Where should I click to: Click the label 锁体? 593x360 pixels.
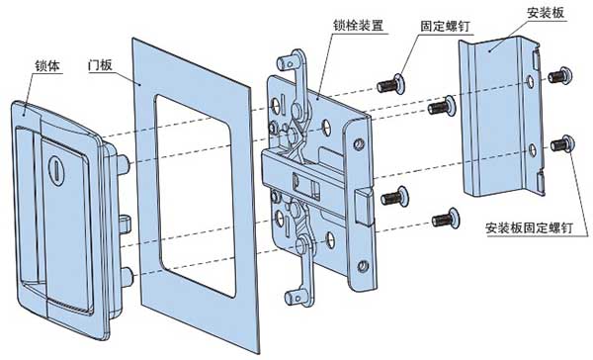[47, 65]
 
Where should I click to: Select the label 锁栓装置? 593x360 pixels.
[358, 25]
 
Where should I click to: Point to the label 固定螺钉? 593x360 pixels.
[445, 26]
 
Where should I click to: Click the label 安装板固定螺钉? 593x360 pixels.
[529, 228]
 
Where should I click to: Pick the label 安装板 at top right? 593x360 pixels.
[546, 13]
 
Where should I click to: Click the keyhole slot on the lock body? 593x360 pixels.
[56, 171]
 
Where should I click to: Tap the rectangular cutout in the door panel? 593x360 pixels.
[196, 196]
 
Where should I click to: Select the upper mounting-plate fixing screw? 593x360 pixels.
[560, 76]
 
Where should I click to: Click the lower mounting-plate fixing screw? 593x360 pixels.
[562, 144]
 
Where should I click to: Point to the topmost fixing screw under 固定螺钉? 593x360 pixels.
[391, 84]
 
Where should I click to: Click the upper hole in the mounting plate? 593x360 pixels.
[530, 81]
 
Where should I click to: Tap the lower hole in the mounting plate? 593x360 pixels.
[533, 150]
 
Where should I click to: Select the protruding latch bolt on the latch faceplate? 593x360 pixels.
[364, 206]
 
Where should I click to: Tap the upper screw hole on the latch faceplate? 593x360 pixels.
[359, 143]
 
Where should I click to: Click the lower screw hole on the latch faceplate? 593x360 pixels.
[363, 266]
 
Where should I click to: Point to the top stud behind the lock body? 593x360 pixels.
[124, 164]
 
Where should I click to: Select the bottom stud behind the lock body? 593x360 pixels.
[127, 276]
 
